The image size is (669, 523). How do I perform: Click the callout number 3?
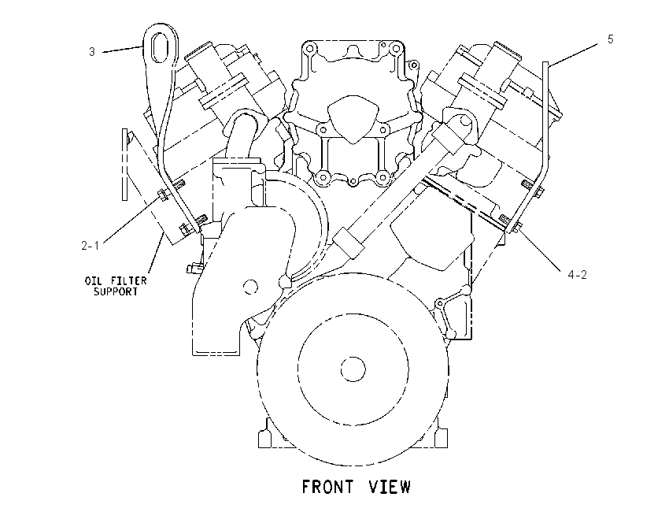coord(92,52)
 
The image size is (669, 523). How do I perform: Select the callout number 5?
coord(611,39)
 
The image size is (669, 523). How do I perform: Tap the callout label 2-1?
coord(90,246)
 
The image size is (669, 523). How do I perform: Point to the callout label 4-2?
coord(577,275)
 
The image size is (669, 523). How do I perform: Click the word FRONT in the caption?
coord(327,487)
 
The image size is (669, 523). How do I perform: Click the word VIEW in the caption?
coord(390,487)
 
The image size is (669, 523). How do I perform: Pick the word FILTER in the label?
coord(128,280)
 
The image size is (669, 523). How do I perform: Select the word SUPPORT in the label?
coord(116,291)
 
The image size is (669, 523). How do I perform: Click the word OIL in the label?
coord(93,280)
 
